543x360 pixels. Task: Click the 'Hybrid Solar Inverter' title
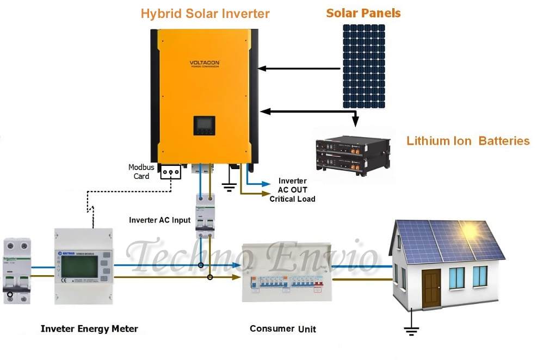(x=205, y=14)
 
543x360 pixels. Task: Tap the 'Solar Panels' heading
(x=363, y=13)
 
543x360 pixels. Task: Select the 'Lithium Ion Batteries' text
(x=468, y=141)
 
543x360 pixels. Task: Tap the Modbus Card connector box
(x=170, y=173)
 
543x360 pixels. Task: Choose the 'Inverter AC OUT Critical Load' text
(x=292, y=190)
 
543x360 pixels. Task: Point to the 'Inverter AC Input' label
(x=159, y=220)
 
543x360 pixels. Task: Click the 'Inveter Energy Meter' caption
(x=89, y=329)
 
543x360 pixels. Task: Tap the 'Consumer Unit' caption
(x=282, y=329)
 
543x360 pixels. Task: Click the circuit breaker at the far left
(x=17, y=269)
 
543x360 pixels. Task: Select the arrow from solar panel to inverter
(x=299, y=69)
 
